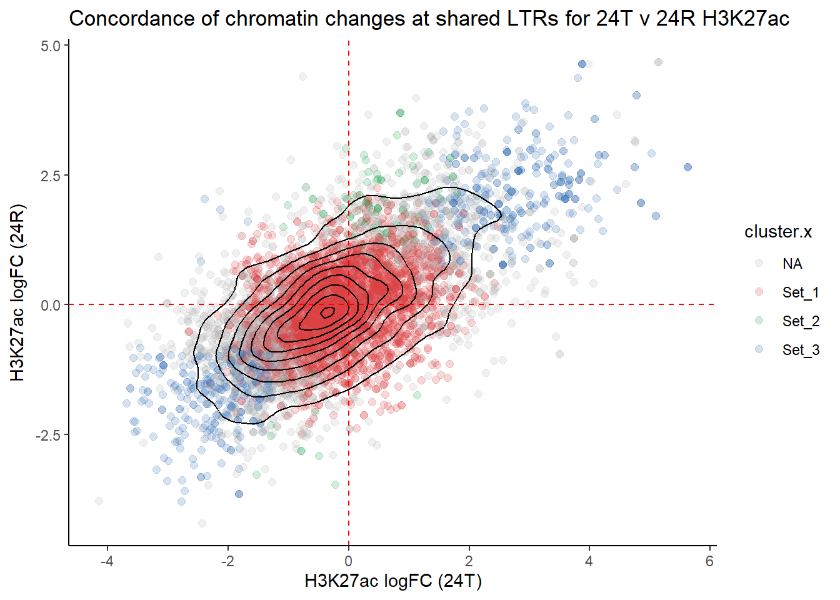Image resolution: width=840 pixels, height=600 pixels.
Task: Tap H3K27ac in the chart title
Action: point(746,19)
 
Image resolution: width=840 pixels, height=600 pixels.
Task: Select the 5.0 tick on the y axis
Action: point(51,46)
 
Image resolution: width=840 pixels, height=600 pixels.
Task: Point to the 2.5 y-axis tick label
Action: point(51,176)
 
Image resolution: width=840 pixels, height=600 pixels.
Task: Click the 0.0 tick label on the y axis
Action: point(51,305)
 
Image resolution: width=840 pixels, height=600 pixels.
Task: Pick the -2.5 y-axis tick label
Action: point(48,435)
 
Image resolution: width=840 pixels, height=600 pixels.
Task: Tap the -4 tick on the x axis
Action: point(107,561)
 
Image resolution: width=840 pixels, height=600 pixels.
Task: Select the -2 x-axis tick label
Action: point(227,561)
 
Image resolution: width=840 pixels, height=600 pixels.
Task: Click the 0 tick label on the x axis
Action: point(349,561)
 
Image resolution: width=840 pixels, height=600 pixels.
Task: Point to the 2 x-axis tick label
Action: point(469,561)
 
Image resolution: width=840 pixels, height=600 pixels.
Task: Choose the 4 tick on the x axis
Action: point(589,561)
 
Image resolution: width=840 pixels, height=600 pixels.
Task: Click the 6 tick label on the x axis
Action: point(709,561)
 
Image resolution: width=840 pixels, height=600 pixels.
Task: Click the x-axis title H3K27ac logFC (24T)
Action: point(393,581)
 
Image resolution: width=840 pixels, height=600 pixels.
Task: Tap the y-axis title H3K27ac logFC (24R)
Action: point(17,292)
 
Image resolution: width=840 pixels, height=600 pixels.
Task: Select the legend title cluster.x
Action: point(777,232)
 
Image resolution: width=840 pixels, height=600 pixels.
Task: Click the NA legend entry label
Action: point(792,264)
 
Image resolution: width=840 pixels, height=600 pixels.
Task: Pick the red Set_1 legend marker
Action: point(759,292)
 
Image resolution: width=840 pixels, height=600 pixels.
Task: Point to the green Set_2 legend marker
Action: point(759,321)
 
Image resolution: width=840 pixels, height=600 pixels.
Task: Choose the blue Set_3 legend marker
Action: point(759,349)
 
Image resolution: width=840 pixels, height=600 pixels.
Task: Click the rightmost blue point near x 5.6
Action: point(687,167)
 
